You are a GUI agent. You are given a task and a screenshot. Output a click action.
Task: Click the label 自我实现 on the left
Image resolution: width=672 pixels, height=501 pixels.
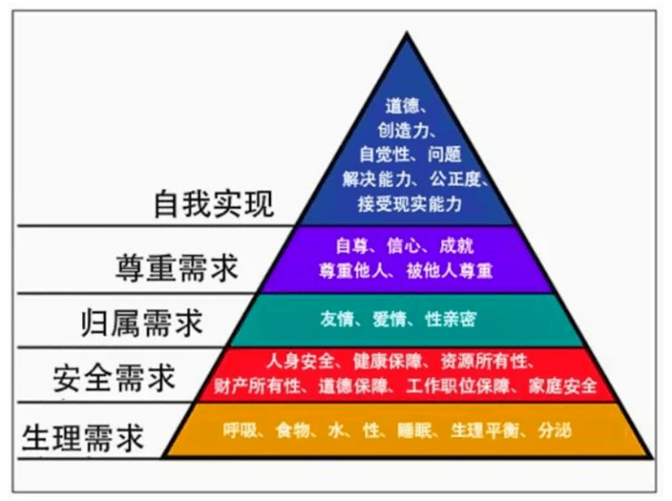(213, 204)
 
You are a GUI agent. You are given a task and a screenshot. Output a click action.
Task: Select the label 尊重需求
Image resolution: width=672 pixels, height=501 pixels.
(177, 269)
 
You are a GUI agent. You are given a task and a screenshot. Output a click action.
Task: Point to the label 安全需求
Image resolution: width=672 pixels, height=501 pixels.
(115, 375)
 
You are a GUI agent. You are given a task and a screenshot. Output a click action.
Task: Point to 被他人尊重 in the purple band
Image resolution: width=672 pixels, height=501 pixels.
(449, 271)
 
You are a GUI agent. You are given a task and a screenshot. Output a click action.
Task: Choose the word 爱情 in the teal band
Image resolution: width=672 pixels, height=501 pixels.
(390, 320)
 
